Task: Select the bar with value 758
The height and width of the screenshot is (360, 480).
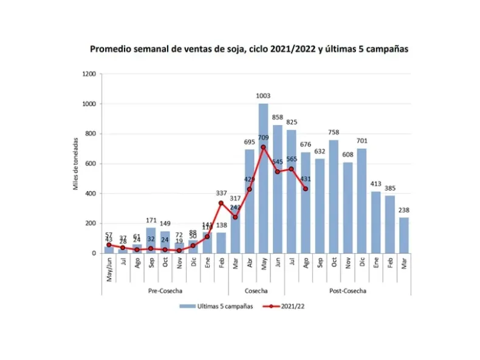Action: click(x=334, y=197)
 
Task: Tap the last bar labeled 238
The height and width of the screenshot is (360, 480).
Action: click(x=404, y=236)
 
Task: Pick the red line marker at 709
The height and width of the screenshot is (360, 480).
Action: click(x=263, y=147)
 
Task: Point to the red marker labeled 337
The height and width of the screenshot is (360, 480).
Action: click(x=221, y=203)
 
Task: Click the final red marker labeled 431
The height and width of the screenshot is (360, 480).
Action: click(x=306, y=189)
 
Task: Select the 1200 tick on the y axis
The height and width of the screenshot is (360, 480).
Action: click(x=89, y=74)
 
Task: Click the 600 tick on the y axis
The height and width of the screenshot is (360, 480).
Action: click(x=91, y=164)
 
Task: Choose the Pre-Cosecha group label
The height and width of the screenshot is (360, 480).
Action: click(x=165, y=291)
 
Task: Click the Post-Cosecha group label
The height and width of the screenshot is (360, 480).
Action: click(x=348, y=291)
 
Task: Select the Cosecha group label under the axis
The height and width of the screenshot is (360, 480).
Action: click(x=256, y=291)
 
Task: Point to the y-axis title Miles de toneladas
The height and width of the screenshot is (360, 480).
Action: click(x=77, y=163)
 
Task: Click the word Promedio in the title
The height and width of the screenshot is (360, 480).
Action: click(x=110, y=49)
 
